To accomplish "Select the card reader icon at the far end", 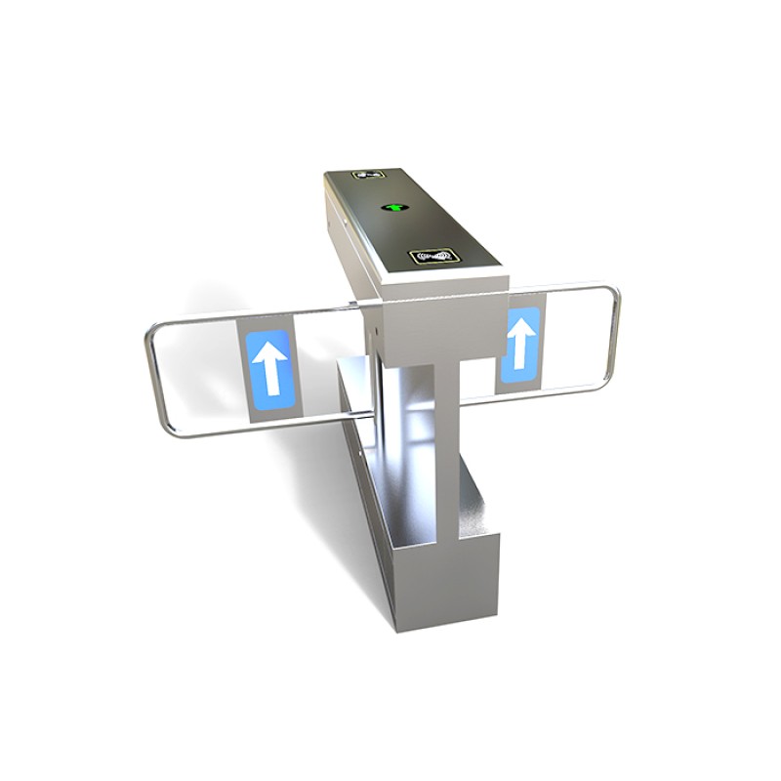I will point(368,176).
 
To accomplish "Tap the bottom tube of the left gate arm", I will point(205,426).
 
